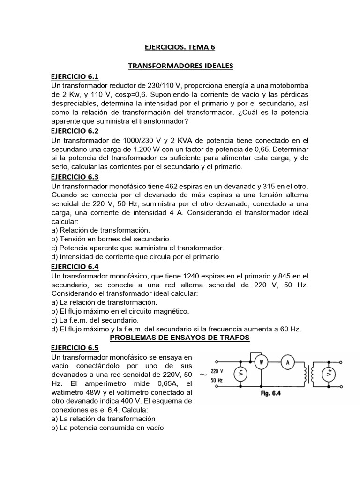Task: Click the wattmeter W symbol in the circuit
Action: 262,362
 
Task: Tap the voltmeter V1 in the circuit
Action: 240,374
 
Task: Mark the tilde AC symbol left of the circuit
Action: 203,375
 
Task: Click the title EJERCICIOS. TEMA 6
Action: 180,47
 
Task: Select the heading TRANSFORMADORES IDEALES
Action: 180,66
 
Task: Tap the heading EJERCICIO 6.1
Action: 75,76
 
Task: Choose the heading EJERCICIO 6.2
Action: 75,131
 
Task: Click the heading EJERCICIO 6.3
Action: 75,177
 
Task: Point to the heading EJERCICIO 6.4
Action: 75,267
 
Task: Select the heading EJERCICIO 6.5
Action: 75,348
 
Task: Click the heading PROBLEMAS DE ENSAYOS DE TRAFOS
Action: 180,338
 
